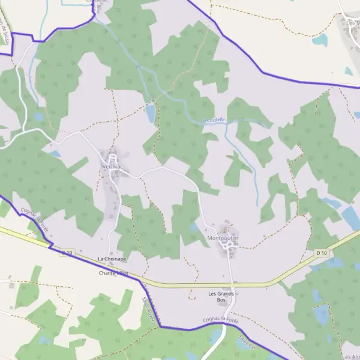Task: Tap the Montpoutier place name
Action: click(x=223, y=238)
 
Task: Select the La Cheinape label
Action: click(x=112, y=259)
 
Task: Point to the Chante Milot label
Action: click(x=114, y=273)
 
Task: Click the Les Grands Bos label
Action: click(x=220, y=296)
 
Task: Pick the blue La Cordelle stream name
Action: click(x=213, y=120)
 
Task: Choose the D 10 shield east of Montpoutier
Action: click(x=322, y=253)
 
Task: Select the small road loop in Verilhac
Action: click(x=112, y=157)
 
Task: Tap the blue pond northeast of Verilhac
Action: click(x=151, y=112)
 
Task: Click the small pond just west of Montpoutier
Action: click(x=194, y=228)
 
